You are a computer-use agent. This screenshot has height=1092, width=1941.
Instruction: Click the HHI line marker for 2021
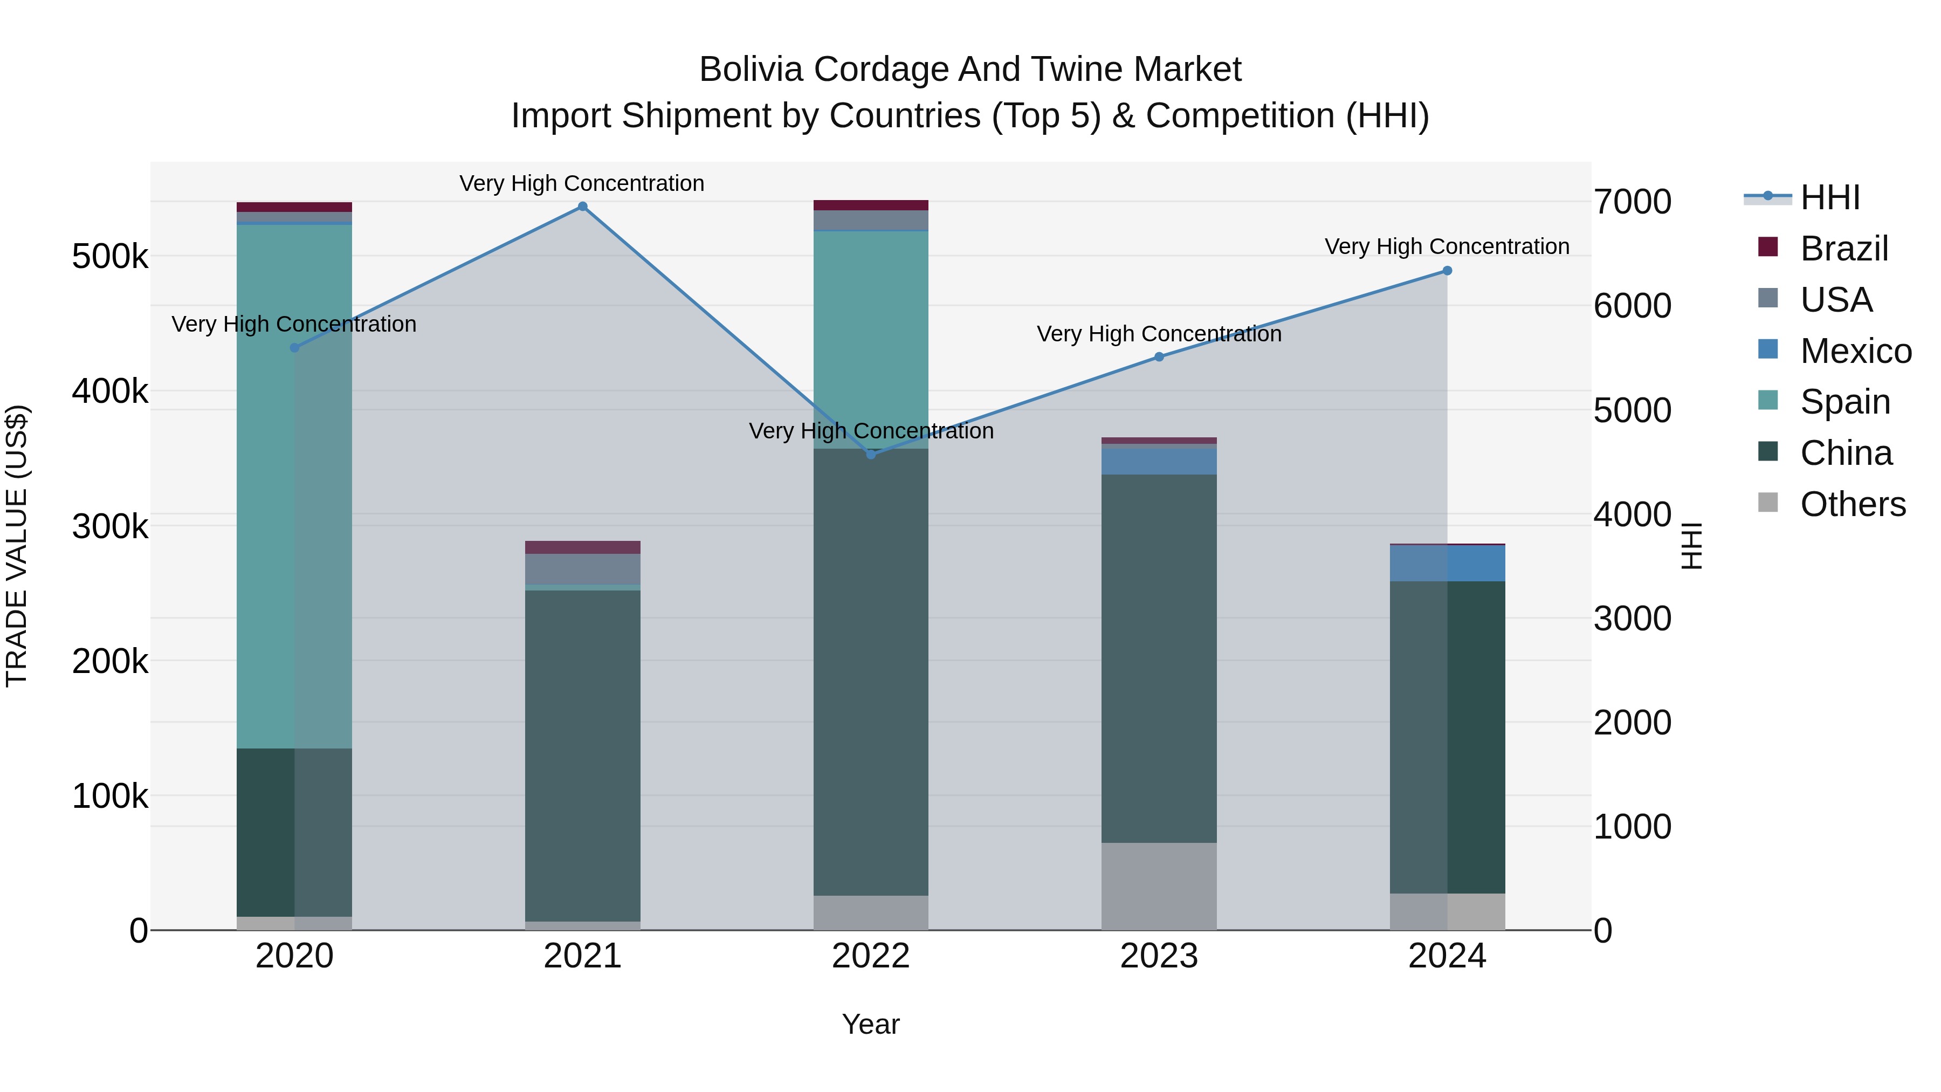582,207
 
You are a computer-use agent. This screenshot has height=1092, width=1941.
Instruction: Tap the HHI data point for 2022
871,455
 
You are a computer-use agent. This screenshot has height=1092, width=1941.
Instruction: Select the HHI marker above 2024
1447,271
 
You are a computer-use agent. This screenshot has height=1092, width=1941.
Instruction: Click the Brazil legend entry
1844,249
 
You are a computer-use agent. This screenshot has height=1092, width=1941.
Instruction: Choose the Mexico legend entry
1855,351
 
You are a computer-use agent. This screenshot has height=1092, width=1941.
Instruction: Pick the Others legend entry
1853,504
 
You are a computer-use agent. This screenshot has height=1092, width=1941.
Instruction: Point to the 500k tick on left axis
110,257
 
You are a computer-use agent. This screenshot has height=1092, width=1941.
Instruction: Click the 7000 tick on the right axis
1632,202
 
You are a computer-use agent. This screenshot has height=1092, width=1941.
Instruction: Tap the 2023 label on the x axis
1159,956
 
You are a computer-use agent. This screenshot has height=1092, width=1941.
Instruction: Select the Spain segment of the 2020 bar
294,486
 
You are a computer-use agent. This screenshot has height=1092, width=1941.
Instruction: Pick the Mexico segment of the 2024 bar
1447,563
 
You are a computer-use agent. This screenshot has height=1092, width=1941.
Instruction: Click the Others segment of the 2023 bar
1159,885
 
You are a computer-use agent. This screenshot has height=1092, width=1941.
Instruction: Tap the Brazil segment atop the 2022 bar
871,205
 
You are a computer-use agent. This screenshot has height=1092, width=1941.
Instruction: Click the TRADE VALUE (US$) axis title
17,546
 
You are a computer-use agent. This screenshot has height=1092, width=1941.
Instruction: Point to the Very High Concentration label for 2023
1159,334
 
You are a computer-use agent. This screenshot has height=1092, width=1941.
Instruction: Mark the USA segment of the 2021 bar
582,569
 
